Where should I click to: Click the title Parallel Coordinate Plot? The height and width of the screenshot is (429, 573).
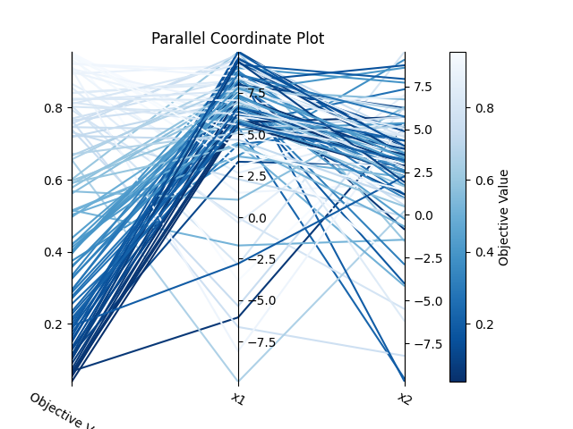coord(237,38)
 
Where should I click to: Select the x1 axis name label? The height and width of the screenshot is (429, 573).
coord(238,399)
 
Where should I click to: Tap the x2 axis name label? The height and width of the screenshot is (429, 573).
coord(405,399)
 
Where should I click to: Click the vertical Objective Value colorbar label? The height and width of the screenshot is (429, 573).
coord(504,217)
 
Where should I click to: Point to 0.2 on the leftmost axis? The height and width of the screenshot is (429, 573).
coord(53,324)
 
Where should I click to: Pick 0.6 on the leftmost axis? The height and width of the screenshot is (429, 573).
coord(53,180)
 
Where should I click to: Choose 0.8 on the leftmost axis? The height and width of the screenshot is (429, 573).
coord(53,107)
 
